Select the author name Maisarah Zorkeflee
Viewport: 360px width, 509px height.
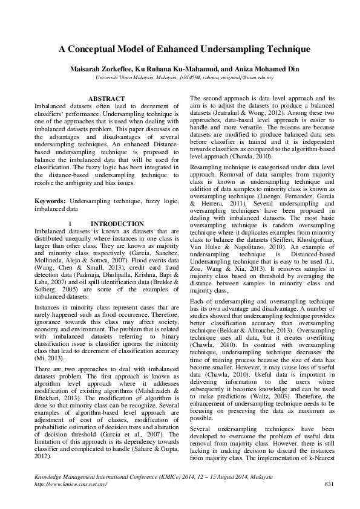click(x=102, y=68)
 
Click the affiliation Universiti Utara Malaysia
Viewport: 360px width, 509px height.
click(x=126, y=77)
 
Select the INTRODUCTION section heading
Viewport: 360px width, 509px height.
click(x=117, y=224)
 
